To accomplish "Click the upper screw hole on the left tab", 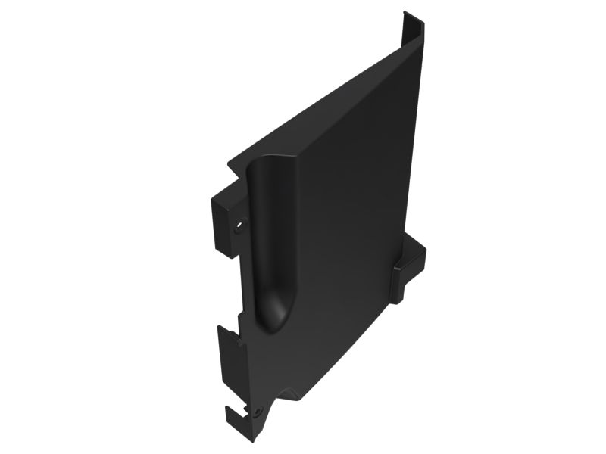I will (x=242, y=225).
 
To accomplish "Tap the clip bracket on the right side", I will (x=408, y=265).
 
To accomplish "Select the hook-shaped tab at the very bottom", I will (x=242, y=416).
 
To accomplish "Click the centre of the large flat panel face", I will (x=341, y=227).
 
